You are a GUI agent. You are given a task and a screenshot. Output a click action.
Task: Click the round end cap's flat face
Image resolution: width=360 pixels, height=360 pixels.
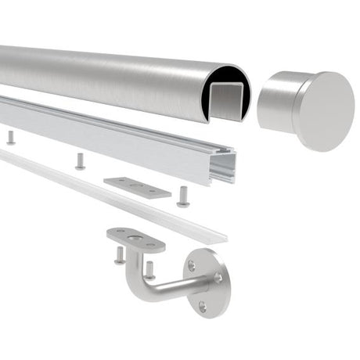click(323, 111)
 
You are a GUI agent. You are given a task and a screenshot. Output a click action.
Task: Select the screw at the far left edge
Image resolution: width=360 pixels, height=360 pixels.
click(10, 138)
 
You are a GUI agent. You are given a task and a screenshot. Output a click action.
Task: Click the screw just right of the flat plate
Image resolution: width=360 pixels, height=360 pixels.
click(183, 195)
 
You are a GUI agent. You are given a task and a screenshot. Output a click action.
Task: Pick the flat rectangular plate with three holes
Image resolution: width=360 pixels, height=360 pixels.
click(138, 187)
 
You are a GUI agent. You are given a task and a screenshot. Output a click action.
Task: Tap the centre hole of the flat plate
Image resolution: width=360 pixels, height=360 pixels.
click(138, 186)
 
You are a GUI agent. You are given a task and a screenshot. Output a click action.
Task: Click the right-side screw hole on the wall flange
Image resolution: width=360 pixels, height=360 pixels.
click(218, 277)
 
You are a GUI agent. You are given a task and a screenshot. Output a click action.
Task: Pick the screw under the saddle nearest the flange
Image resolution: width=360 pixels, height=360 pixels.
click(149, 270)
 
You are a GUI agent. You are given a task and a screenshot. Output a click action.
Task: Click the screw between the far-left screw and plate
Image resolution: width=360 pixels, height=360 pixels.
click(80, 161)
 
